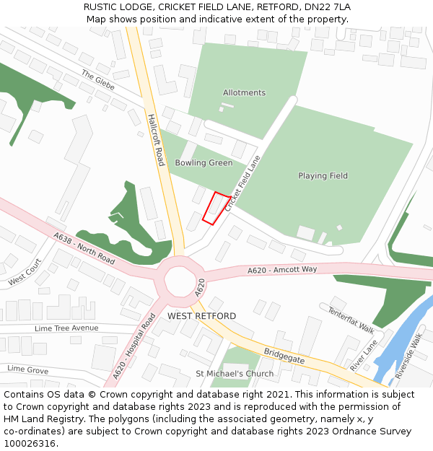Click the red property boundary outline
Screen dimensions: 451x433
click(216, 208)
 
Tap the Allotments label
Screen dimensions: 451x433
click(244, 93)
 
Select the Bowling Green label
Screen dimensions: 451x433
click(204, 163)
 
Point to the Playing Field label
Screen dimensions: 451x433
click(323, 176)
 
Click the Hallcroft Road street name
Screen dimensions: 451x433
click(156, 139)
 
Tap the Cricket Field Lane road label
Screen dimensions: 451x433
click(242, 187)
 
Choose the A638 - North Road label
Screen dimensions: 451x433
click(84, 247)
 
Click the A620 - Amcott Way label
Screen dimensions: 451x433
click(282, 270)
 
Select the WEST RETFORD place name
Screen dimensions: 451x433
click(201, 316)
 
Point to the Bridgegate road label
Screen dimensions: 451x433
click(284, 355)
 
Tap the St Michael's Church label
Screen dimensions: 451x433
click(235, 374)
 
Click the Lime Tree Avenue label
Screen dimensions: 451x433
click(66, 328)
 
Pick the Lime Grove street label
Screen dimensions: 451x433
click(28, 369)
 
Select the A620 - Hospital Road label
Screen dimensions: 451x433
click(135, 346)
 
